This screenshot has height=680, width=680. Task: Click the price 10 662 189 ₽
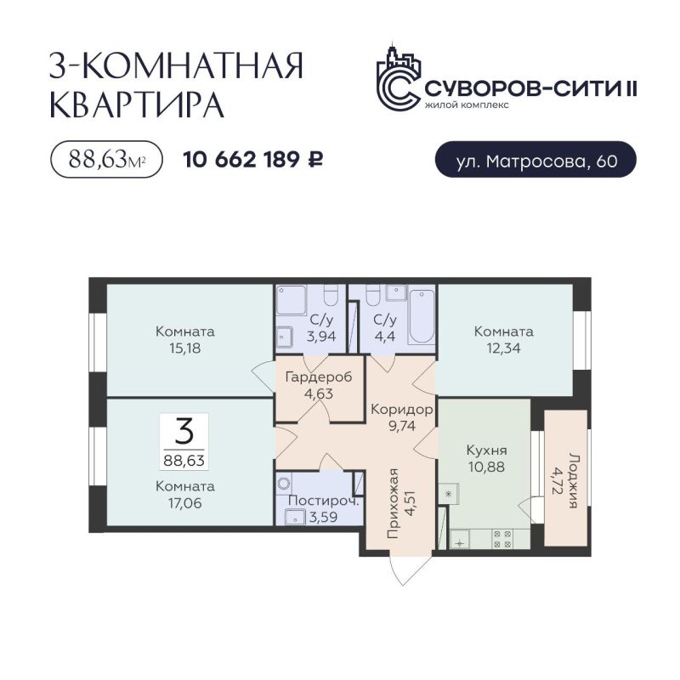pyautogui.click(x=252, y=160)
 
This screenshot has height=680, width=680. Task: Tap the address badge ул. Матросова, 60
pyautogui.click(x=535, y=160)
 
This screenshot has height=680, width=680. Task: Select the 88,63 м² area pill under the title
pyautogui.click(x=107, y=159)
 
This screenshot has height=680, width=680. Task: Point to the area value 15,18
pyautogui.click(x=185, y=348)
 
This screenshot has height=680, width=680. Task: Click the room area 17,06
pyautogui.click(x=185, y=503)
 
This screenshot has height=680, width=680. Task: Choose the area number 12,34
pyautogui.click(x=503, y=348)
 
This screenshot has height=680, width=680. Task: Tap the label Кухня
pyautogui.click(x=486, y=450)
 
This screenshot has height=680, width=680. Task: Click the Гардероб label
pyautogui.click(x=319, y=377)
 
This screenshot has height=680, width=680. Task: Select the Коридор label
pyautogui.click(x=402, y=410)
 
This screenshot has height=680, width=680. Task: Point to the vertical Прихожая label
pyautogui.click(x=394, y=503)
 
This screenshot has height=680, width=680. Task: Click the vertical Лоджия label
pyautogui.click(x=574, y=480)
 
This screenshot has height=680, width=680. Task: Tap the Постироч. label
pyautogui.click(x=324, y=501)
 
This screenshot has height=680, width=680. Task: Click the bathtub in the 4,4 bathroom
pyautogui.click(x=422, y=316)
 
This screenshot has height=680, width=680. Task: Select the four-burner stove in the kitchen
pyautogui.click(x=502, y=538)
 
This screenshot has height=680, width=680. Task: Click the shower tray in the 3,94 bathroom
pyautogui.click(x=292, y=300)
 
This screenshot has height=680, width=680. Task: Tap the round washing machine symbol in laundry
pyautogui.click(x=284, y=483)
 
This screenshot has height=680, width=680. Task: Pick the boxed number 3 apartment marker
pyautogui.click(x=184, y=441)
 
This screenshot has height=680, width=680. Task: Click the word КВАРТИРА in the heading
pyautogui.click(x=137, y=105)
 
